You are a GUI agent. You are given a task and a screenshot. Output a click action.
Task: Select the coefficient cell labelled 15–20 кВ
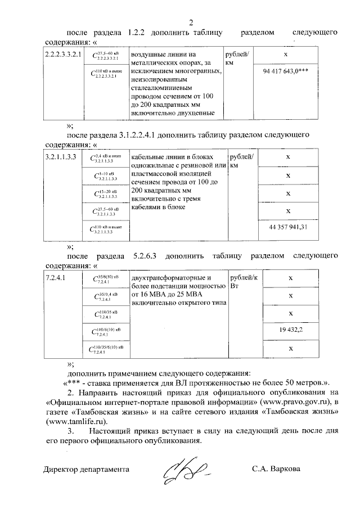tap(106, 194)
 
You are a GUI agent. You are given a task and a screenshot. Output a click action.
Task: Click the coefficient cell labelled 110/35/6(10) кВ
tap(106, 349)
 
